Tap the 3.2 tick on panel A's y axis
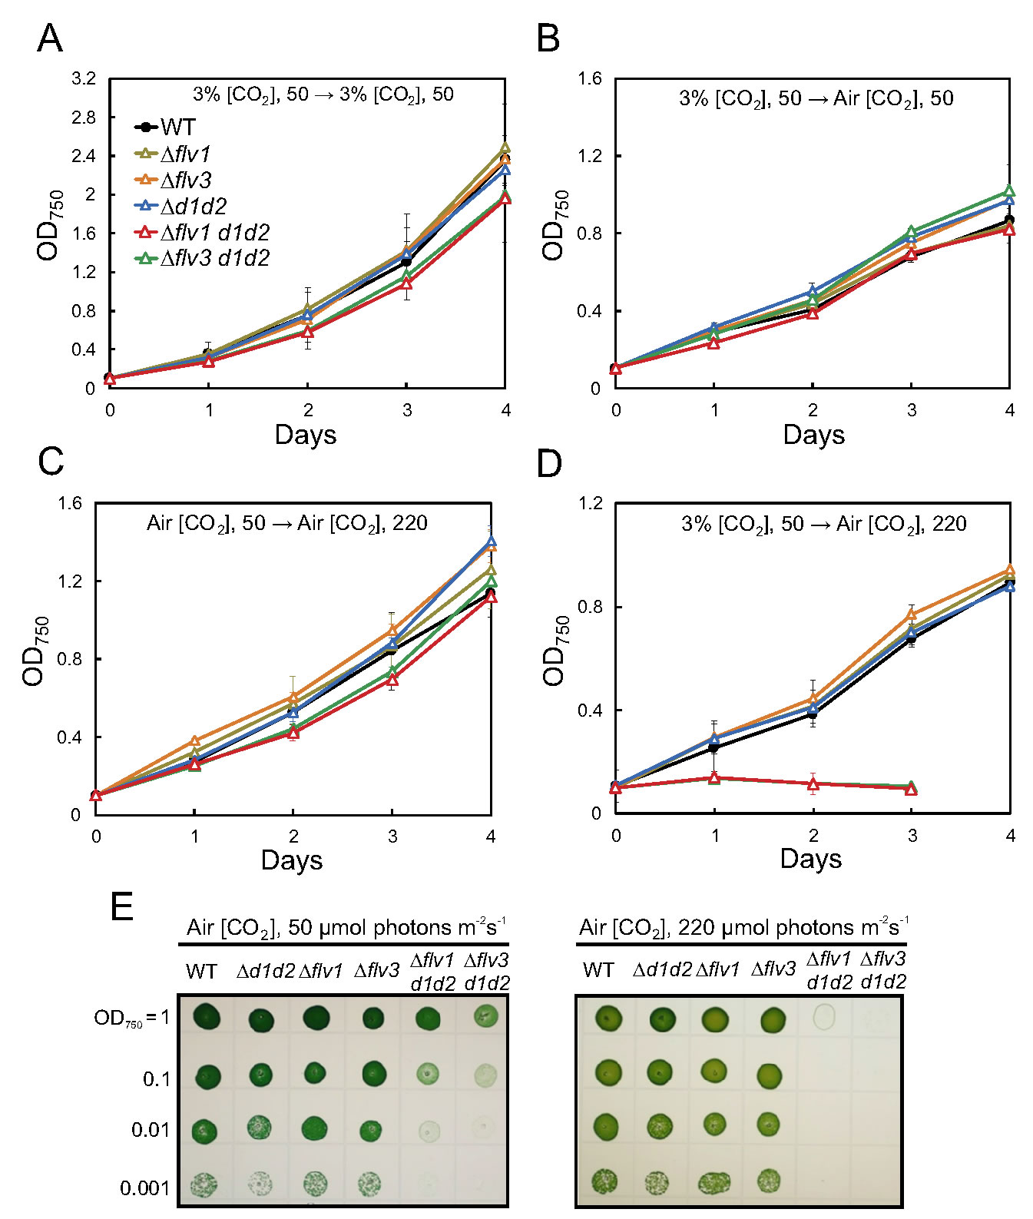point(84,78)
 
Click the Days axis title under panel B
point(813,436)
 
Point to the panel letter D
point(549,465)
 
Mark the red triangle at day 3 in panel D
point(911,789)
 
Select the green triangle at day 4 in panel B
point(1009,191)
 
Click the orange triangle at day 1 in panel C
point(194,741)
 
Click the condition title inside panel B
point(816,98)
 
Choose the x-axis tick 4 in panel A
point(505,411)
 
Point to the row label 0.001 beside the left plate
point(144,1188)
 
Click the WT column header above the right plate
point(598,970)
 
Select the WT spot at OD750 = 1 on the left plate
point(206,1019)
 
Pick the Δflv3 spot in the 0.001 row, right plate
point(769,1180)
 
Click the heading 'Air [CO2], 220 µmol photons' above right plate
point(742,928)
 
